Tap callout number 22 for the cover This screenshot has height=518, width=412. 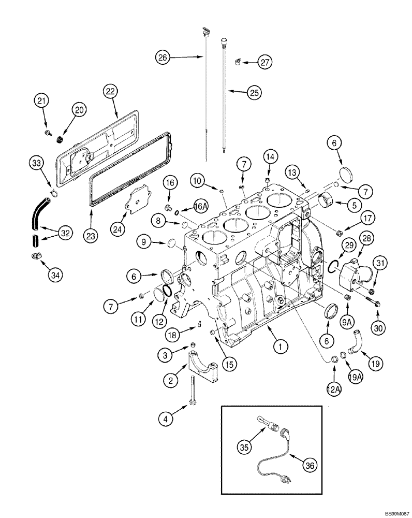(x=110, y=91)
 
